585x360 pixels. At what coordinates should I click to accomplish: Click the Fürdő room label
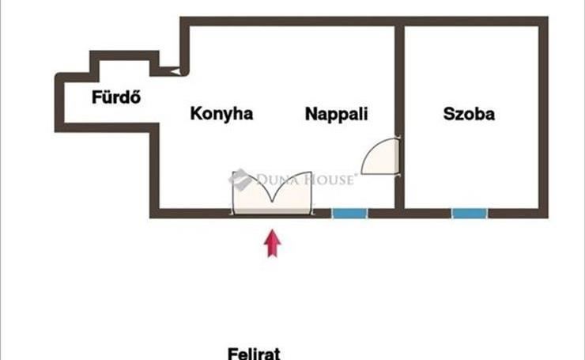[116, 99]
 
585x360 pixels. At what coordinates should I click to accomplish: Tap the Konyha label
[221, 114]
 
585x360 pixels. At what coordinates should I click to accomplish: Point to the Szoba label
[469, 114]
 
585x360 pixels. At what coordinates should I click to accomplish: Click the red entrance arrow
[273, 243]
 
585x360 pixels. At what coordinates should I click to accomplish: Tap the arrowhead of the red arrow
[273, 235]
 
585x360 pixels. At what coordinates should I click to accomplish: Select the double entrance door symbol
[270, 194]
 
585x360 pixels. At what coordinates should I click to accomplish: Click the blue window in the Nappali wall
[349, 213]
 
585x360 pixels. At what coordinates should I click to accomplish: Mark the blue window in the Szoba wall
[470, 213]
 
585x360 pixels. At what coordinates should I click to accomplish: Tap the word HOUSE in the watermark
[330, 180]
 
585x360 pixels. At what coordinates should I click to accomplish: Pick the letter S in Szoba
[448, 114]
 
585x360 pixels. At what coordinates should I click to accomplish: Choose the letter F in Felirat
[233, 353]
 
